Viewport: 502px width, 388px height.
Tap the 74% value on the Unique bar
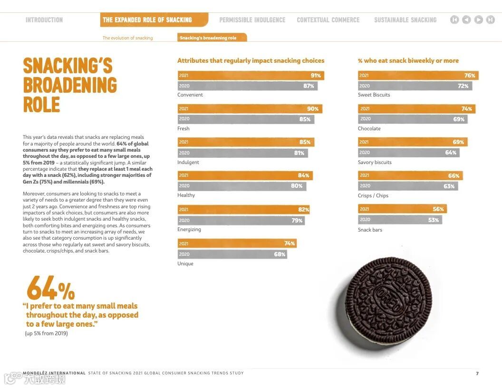point(290,243)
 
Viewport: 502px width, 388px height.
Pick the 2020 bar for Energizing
point(241,221)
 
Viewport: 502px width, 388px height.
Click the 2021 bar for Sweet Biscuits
point(418,76)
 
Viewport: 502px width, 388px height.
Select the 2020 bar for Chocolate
point(412,119)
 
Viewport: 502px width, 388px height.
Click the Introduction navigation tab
point(44,20)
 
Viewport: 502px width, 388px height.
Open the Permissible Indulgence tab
point(252,20)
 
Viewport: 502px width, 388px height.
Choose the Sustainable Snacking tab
point(405,20)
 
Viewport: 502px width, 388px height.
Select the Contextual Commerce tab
point(328,20)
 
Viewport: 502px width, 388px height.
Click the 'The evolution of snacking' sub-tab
point(128,38)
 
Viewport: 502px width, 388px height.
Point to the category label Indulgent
point(188,163)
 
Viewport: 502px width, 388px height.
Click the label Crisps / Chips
point(373,196)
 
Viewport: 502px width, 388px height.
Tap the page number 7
point(477,374)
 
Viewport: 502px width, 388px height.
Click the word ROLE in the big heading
point(42,105)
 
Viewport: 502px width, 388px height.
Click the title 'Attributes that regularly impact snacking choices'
point(251,61)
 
